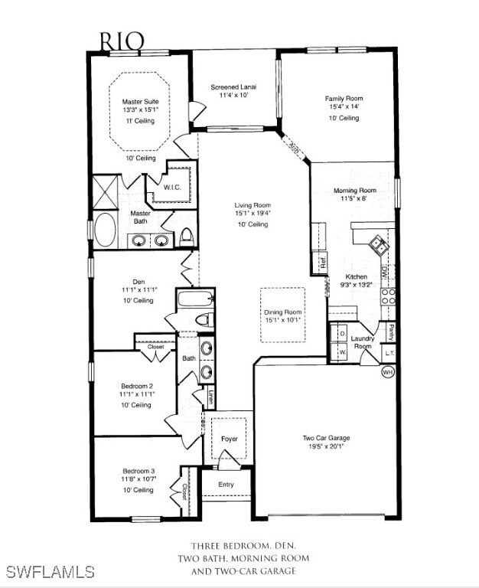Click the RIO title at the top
point(122,40)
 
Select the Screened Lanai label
point(233,87)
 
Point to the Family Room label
point(344,99)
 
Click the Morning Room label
point(354,191)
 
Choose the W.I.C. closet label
point(172,187)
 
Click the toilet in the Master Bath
point(186,237)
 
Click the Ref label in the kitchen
point(323,262)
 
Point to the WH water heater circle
point(387,372)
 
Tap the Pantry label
point(390,332)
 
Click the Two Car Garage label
point(326,438)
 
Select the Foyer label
point(230,439)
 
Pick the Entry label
point(226,485)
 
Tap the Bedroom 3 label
point(138,471)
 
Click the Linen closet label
point(210,397)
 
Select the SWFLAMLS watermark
point(50,572)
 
